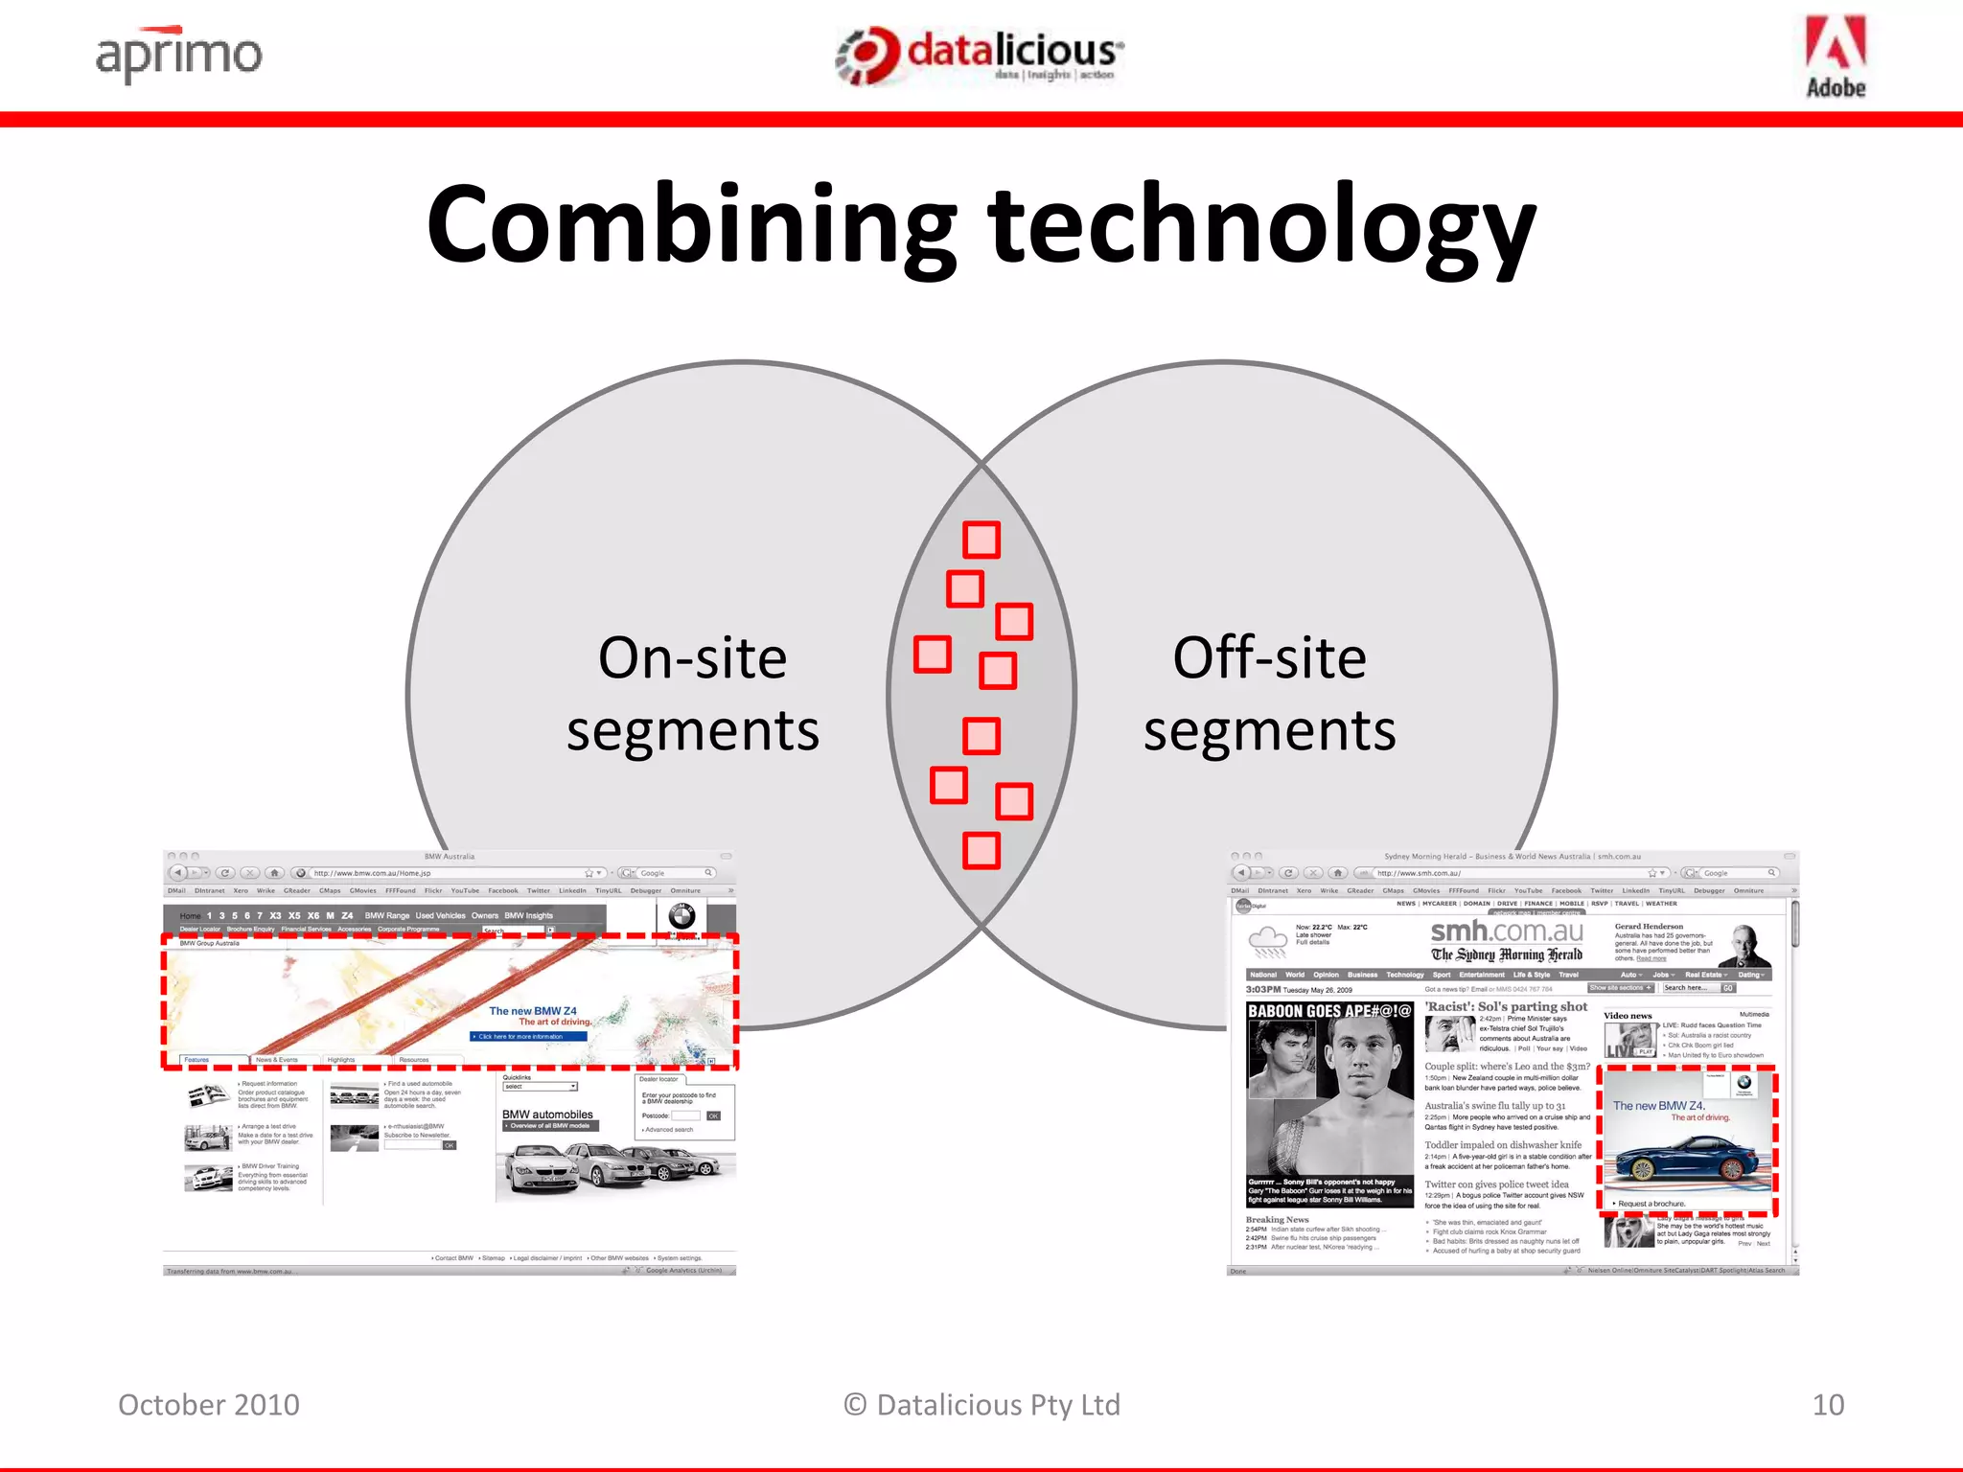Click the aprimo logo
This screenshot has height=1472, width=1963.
178,56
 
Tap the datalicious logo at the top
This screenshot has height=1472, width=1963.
980,56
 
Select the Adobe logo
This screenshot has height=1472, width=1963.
1835,57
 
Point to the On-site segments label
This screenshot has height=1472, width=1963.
692,694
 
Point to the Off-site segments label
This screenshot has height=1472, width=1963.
1269,694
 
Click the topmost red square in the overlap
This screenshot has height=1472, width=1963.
981,540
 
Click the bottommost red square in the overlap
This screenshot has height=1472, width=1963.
981,850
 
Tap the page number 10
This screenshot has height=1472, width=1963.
1828,1405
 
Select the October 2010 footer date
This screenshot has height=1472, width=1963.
209,1405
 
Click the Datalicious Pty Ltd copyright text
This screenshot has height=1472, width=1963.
981,1405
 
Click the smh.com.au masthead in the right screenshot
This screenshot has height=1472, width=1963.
1507,932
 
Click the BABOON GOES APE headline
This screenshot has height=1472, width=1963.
1329,1011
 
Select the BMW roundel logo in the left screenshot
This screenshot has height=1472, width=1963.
681,915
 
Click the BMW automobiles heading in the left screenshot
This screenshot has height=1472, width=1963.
547,1115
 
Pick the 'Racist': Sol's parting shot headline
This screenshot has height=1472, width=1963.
1506,1007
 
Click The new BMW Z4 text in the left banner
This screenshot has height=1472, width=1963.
533,1011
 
